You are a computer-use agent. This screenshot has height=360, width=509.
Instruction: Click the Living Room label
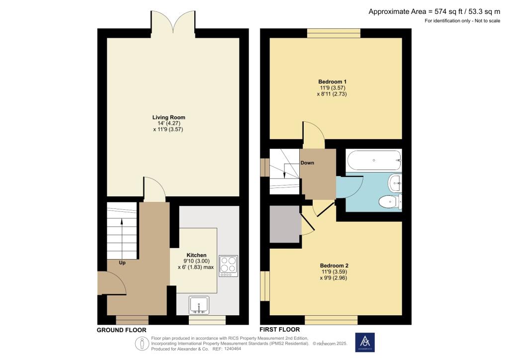pyautogui.click(x=169, y=117)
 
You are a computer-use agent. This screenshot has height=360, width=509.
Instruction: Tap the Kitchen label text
pyautogui.click(x=196, y=255)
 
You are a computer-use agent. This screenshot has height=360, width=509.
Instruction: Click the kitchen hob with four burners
pyautogui.click(x=229, y=266)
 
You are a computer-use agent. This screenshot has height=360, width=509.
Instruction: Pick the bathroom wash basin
pyautogui.click(x=396, y=183)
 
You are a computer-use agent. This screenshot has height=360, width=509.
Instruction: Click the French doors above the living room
pyautogui.click(x=174, y=22)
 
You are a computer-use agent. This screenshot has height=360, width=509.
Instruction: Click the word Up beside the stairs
pyautogui.click(x=122, y=263)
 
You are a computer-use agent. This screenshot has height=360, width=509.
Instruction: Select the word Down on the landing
pyautogui.click(x=307, y=163)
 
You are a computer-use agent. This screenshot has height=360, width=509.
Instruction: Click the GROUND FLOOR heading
pyautogui.click(x=121, y=330)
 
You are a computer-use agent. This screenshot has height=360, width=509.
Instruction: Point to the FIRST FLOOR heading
pyautogui.click(x=279, y=329)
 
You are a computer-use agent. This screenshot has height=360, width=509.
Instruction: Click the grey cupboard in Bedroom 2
pyautogui.click(x=285, y=224)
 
